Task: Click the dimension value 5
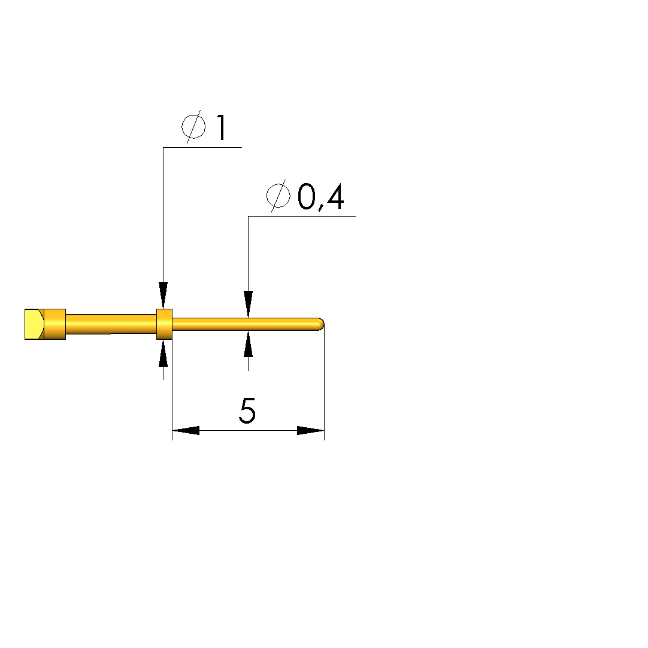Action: point(247,411)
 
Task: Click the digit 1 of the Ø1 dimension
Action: point(221,127)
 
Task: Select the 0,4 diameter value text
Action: point(320,197)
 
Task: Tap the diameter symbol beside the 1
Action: point(193,127)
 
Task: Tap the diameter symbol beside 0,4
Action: point(278,196)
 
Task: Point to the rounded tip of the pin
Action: point(320,324)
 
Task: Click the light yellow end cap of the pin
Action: point(34,324)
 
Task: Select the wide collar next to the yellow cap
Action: point(54,324)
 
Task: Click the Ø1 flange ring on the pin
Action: point(164,324)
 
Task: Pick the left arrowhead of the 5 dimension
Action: point(186,430)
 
